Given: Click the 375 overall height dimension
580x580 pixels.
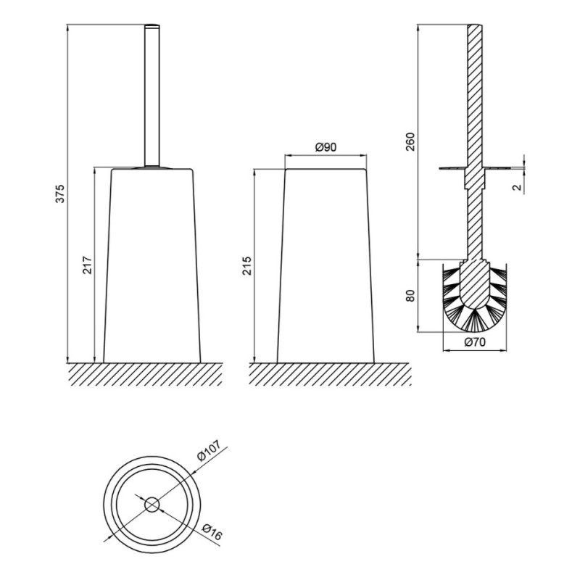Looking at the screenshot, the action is pyautogui.click(x=60, y=194).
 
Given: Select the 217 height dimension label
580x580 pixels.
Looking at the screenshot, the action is pyautogui.click(x=87, y=265).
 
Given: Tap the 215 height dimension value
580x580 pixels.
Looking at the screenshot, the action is pyautogui.click(x=246, y=265).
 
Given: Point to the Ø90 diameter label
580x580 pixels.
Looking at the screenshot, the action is pyautogui.click(x=326, y=147).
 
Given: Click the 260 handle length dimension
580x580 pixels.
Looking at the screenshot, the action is pyautogui.click(x=410, y=141).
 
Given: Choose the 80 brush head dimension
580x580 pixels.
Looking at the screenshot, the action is pyautogui.click(x=410, y=296).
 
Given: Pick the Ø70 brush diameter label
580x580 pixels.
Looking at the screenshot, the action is pyautogui.click(x=475, y=342).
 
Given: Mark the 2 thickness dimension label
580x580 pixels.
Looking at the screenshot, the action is pyautogui.click(x=518, y=187).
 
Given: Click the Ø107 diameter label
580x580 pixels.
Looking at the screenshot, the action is pyautogui.click(x=209, y=449).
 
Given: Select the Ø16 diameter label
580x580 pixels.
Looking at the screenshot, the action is pyautogui.click(x=212, y=532).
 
